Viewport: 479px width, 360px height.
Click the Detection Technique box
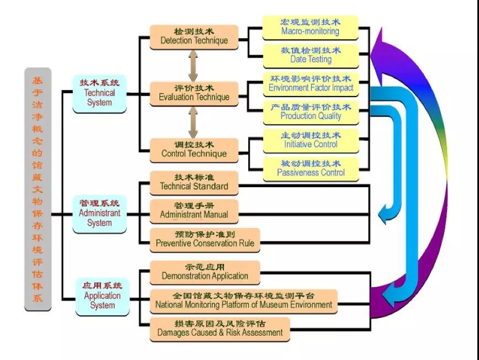[x=194, y=37]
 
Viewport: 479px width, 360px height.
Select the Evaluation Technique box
[x=194, y=94]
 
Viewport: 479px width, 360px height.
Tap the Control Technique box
[x=194, y=150]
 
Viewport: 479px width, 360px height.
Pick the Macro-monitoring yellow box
[x=310, y=28]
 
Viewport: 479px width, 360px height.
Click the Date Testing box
[x=311, y=56]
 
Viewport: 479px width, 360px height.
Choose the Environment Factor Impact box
[x=311, y=84]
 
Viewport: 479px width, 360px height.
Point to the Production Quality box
[x=311, y=113]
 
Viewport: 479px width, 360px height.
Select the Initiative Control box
[x=311, y=141]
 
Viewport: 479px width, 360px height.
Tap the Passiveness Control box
[x=311, y=170]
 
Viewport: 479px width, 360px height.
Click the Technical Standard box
[x=194, y=183]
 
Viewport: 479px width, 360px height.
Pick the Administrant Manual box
[x=194, y=211]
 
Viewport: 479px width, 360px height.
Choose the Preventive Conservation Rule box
[x=205, y=240]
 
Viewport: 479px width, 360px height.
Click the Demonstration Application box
[x=205, y=273]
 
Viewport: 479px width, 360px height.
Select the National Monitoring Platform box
[x=243, y=301]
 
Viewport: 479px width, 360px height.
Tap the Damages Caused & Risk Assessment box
[x=220, y=330]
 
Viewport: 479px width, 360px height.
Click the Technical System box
[x=99, y=94]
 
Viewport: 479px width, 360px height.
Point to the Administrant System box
[x=99, y=214]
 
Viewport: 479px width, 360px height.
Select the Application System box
[x=102, y=297]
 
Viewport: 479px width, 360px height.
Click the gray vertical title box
[x=38, y=189]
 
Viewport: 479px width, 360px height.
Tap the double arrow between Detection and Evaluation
[x=193, y=66]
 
